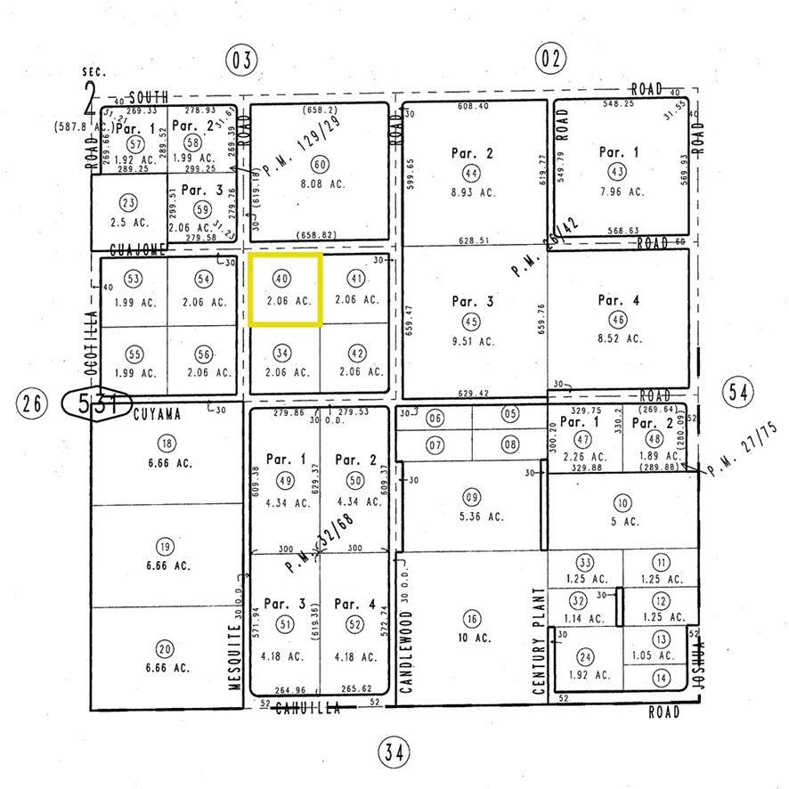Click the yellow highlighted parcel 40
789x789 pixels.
(x=284, y=290)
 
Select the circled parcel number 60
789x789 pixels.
(x=320, y=165)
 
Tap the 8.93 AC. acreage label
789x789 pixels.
(x=472, y=191)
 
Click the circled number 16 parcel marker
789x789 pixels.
(x=472, y=619)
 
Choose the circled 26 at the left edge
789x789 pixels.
(x=33, y=403)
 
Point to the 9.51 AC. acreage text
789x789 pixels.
(x=473, y=341)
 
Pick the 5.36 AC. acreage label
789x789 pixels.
(x=472, y=516)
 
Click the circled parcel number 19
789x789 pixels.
(x=166, y=547)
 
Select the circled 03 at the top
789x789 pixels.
(x=240, y=60)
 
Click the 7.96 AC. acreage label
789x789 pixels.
(x=622, y=191)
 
